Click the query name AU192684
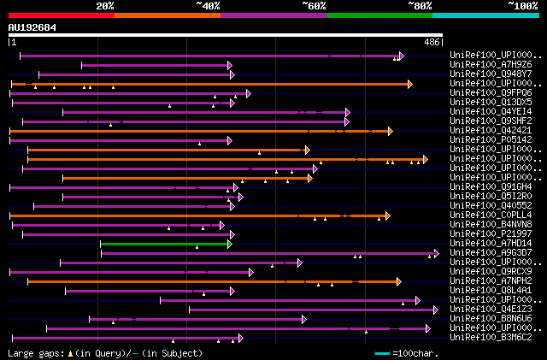[x=32, y=27]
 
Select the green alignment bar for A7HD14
[x=165, y=244]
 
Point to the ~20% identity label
[x=104, y=5]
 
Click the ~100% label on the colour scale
[x=523, y=5]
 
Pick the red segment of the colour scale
[x=61, y=15]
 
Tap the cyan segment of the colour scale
[x=485, y=15]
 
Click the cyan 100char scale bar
[x=382, y=353]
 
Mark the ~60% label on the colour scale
[x=314, y=5]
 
